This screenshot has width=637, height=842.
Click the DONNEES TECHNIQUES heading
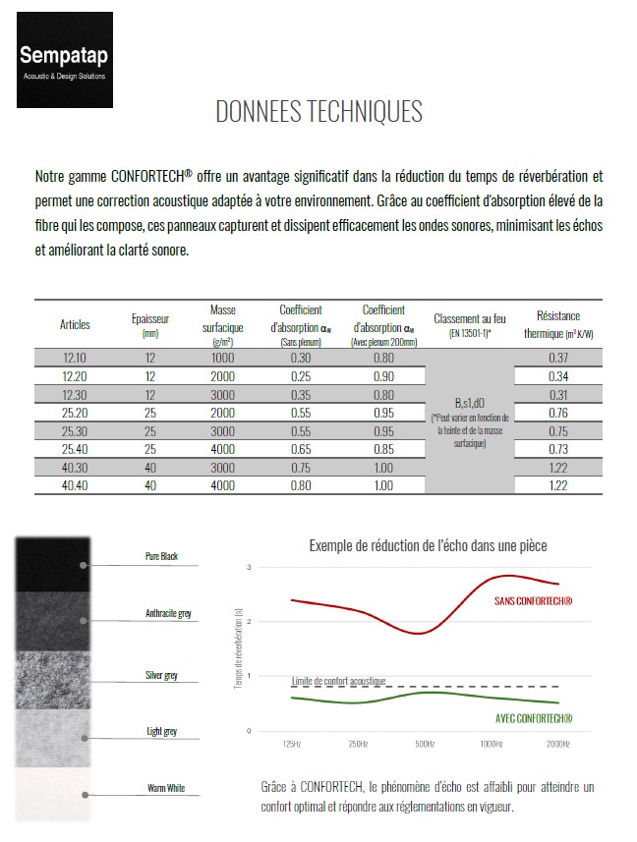(319, 111)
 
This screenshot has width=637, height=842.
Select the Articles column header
(75, 324)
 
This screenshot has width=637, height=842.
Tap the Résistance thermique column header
(558, 324)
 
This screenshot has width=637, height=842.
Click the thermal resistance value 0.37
(558, 358)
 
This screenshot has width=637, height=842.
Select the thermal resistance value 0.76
(558, 413)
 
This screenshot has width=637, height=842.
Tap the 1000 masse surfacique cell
(222, 358)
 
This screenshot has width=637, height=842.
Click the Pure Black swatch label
(161, 557)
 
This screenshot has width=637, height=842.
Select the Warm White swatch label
(166, 788)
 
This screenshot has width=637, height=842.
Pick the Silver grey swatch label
(162, 675)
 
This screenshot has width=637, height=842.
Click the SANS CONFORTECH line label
(533, 600)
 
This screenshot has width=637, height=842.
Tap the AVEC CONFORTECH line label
(533, 718)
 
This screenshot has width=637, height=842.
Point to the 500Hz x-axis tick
(425, 744)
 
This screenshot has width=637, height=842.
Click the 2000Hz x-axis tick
(557, 744)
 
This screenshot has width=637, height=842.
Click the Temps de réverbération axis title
(239, 647)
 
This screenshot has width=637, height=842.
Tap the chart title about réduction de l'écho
(428, 545)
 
